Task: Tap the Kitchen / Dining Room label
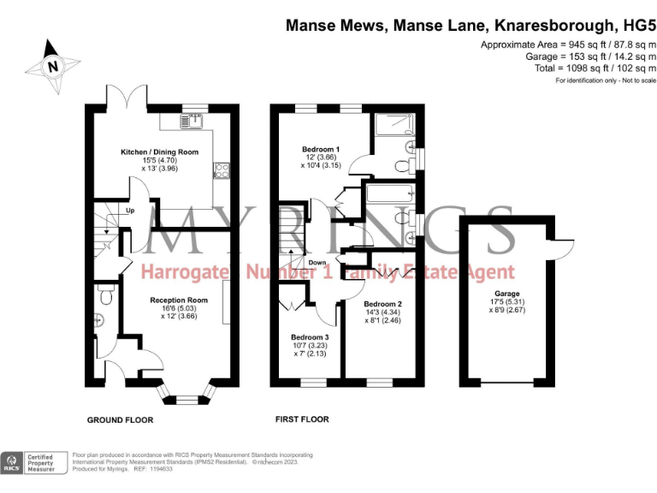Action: (x=159, y=151)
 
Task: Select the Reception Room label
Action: (x=179, y=300)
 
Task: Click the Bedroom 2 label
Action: (x=382, y=304)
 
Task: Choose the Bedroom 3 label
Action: (x=309, y=336)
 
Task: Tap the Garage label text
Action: (x=506, y=293)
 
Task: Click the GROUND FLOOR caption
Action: (x=120, y=420)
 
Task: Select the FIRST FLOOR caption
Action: (x=302, y=419)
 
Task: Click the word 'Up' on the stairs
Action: (x=130, y=211)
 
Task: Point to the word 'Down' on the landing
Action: (x=317, y=262)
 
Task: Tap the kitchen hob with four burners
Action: (x=219, y=170)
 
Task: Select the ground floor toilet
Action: (x=104, y=296)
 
